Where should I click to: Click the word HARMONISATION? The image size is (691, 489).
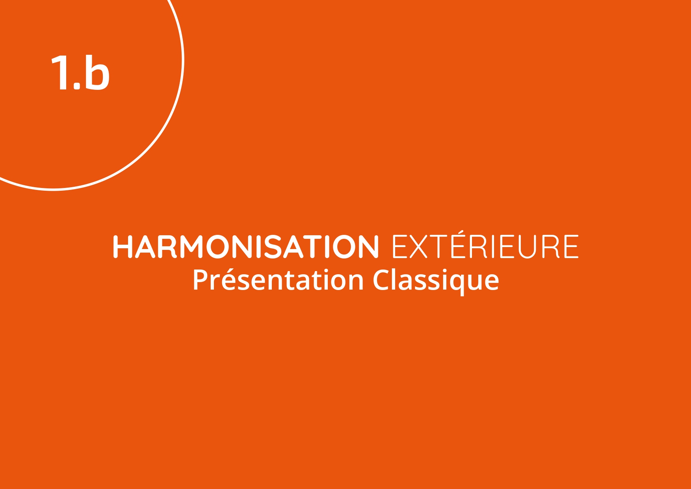245,247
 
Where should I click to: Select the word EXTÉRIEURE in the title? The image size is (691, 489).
485,245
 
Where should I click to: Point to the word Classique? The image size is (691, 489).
436,281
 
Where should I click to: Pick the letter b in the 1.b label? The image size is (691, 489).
97,71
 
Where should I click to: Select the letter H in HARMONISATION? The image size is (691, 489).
123,247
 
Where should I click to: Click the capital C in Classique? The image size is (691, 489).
381,280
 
